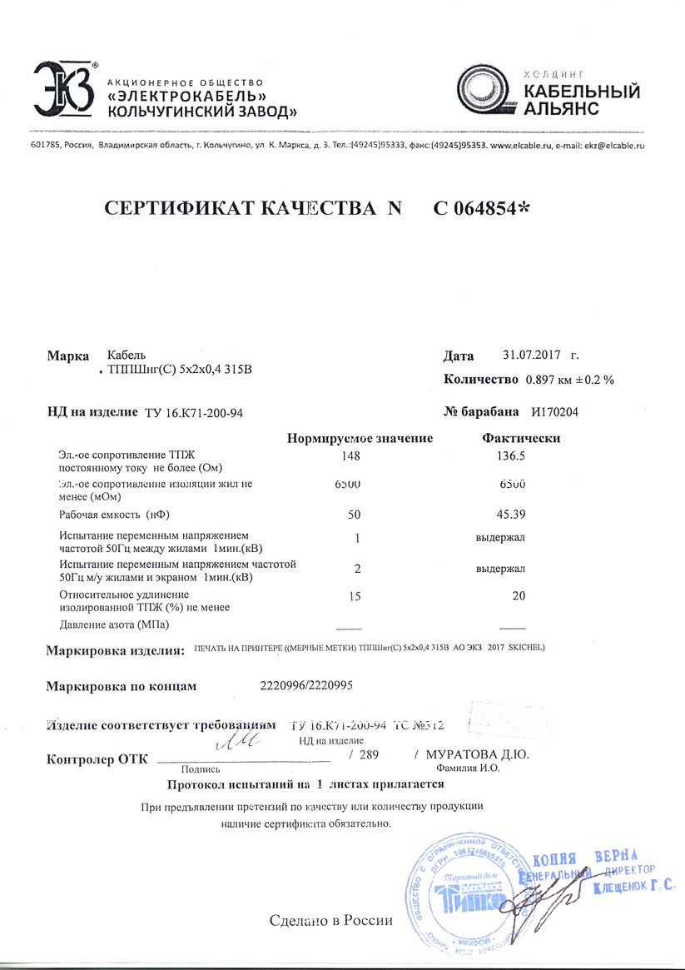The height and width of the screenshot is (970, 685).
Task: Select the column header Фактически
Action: [x=521, y=438]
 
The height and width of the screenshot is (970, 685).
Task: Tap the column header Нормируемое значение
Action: [x=360, y=438]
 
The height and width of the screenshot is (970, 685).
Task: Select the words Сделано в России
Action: [x=330, y=922]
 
